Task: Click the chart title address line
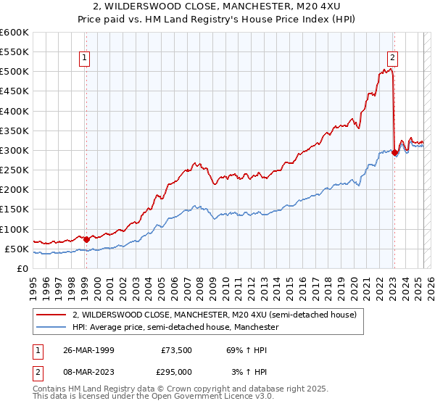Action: tap(217, 6)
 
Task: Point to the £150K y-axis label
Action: tap(14, 210)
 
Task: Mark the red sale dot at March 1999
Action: tap(86, 239)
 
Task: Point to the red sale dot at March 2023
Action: tap(394, 152)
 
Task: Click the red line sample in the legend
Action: tap(51, 315)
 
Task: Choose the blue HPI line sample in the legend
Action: tap(51, 328)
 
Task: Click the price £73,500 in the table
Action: tap(177, 350)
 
